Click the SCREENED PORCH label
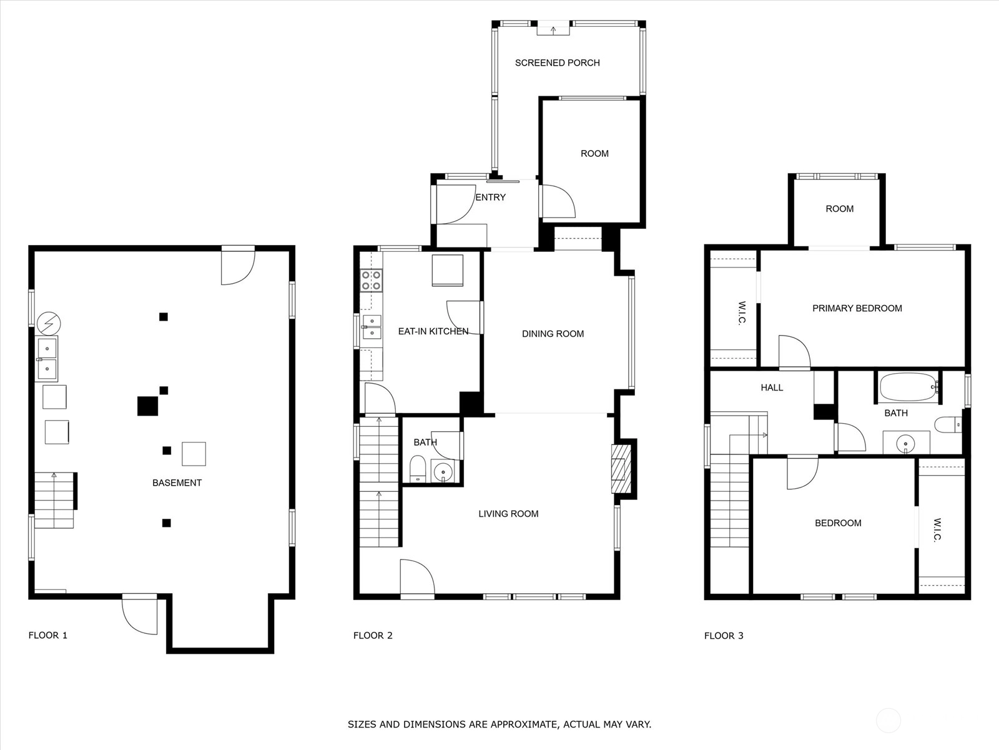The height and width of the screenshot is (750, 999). [x=557, y=63]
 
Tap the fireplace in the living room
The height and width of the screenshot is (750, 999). [x=621, y=469]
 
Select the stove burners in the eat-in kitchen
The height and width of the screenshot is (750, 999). [x=372, y=281]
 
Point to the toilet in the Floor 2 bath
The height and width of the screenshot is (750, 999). [x=417, y=469]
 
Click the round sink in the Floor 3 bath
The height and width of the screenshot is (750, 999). [x=905, y=444]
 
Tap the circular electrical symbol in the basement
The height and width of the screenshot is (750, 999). [x=49, y=324]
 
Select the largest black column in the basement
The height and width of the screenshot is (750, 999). [x=147, y=406]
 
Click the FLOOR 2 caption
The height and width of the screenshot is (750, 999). [x=373, y=635]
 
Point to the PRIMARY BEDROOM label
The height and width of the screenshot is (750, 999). [x=857, y=308]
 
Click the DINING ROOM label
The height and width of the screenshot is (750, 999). [x=553, y=334]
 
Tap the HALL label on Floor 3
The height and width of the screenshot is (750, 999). [x=772, y=387]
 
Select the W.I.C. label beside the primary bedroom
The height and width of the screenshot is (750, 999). [x=741, y=313]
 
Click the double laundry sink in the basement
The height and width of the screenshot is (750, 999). [x=47, y=359]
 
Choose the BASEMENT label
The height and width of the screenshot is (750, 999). [x=177, y=482]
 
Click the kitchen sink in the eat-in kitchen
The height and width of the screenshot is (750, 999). [x=372, y=327]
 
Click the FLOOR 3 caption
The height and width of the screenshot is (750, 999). [x=724, y=636]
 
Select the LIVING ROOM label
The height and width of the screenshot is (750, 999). [x=508, y=514]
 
